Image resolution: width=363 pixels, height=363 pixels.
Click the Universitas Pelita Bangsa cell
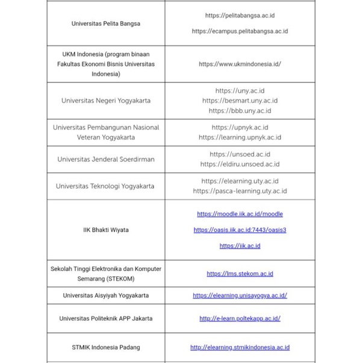[x=105, y=23]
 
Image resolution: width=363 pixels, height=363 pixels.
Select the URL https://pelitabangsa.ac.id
[x=240, y=16]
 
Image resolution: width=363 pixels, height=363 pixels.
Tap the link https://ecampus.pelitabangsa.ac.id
[x=240, y=31]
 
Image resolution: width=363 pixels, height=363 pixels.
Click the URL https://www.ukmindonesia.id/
[x=240, y=64]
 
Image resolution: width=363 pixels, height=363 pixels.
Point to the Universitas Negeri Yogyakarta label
[x=105, y=101]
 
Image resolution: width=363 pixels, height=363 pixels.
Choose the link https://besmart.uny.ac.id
[x=240, y=101]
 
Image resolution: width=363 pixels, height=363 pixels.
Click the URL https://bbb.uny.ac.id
[x=240, y=111]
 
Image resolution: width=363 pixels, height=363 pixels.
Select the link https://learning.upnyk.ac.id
[x=240, y=137]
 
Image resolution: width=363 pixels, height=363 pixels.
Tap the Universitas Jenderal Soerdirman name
[x=105, y=159]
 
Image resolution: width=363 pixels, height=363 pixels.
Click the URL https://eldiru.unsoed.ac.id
[x=240, y=164]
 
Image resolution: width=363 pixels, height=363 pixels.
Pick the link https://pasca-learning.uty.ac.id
[x=240, y=191]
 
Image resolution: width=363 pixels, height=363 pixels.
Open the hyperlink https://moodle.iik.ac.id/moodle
[x=240, y=214]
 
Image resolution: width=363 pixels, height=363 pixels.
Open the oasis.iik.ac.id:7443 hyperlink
[x=240, y=230]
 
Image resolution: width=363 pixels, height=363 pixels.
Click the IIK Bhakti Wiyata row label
[x=105, y=230]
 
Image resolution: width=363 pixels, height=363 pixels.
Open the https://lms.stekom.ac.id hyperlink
[x=240, y=273]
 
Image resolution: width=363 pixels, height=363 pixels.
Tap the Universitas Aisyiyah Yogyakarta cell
[x=105, y=296]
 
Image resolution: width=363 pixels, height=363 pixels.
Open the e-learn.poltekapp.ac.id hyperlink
[x=240, y=318]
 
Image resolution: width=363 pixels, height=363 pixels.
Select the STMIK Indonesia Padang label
[x=105, y=347]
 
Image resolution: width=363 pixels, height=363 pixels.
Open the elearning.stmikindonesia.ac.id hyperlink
[x=240, y=347]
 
